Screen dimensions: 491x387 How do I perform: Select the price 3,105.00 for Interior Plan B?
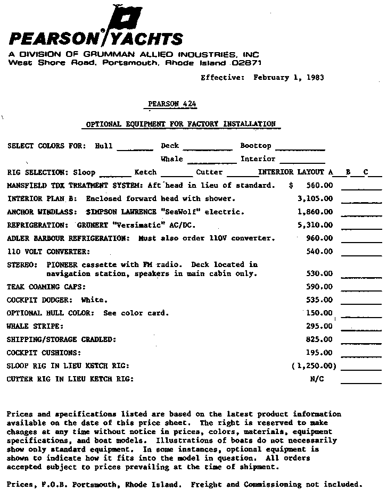click(x=315, y=199)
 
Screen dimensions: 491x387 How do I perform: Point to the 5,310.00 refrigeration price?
click(x=315, y=225)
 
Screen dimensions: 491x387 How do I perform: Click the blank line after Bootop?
click(x=300, y=148)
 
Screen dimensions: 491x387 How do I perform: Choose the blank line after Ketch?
click(x=176, y=175)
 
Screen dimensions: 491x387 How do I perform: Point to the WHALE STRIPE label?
click(x=35, y=326)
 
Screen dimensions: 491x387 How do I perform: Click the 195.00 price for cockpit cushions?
click(x=319, y=353)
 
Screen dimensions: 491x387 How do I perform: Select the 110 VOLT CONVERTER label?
click(x=48, y=251)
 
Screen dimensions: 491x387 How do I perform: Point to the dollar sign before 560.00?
click(x=291, y=186)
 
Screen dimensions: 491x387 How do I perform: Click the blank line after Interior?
click(x=302, y=162)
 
